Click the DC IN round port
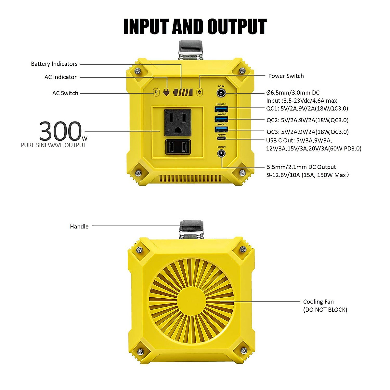coord(222,94)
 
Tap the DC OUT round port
coord(222,153)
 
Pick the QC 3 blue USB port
coord(221,129)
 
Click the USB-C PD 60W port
coord(221,138)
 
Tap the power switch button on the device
coord(200,92)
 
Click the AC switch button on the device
coord(156,93)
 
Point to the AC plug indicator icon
coord(166,92)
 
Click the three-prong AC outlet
coord(177,123)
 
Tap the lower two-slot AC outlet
coord(177,147)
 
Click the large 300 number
coord(60,131)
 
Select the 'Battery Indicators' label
coord(54,64)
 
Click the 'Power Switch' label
coord(286,76)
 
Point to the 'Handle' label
coord(79,227)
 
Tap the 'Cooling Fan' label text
coord(318,302)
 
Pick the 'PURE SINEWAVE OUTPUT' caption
coord(54,145)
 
